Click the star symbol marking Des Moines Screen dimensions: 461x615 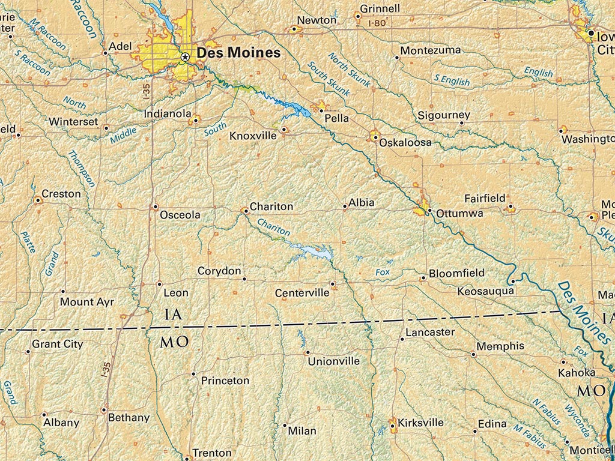pos(185,56)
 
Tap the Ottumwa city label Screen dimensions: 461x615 pos(459,213)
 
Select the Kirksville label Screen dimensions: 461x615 pos(420,423)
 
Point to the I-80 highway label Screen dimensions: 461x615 pos(377,23)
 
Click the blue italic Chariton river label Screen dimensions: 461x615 pos(273,227)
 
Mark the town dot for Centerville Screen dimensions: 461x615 pos(332,283)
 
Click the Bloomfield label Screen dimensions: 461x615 pos(456,273)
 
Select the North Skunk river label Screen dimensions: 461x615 pos(349,70)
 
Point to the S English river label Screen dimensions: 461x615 pos(452,79)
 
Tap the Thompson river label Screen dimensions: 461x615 pos(82,168)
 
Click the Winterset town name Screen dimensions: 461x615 pos(73,121)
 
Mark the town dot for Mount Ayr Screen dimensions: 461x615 pos(63,292)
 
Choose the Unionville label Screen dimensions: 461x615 pos(333,361)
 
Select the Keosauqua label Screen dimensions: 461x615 pos(485,291)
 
